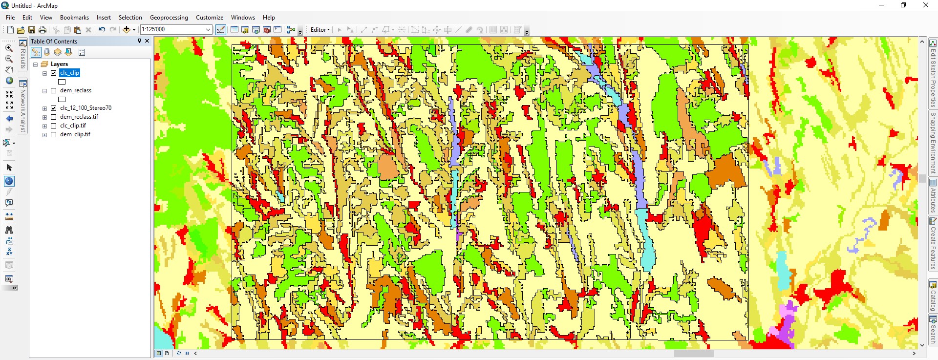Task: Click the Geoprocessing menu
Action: [169, 18]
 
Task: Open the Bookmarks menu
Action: [74, 18]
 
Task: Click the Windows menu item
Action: [243, 18]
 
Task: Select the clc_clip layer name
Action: [69, 73]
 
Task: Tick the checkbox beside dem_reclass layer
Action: [54, 90]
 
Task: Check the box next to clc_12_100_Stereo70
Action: [54, 108]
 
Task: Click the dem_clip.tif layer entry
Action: [75, 134]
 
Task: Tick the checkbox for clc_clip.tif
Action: [54, 126]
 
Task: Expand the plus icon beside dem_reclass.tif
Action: [44, 117]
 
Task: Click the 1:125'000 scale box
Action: [173, 30]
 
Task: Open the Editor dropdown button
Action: [320, 30]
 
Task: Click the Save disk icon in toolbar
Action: [32, 30]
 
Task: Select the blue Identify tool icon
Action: [9, 181]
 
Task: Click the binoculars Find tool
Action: [9, 230]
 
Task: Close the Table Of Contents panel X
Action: [147, 41]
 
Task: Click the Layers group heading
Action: [59, 64]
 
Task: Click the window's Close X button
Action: [925, 5]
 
